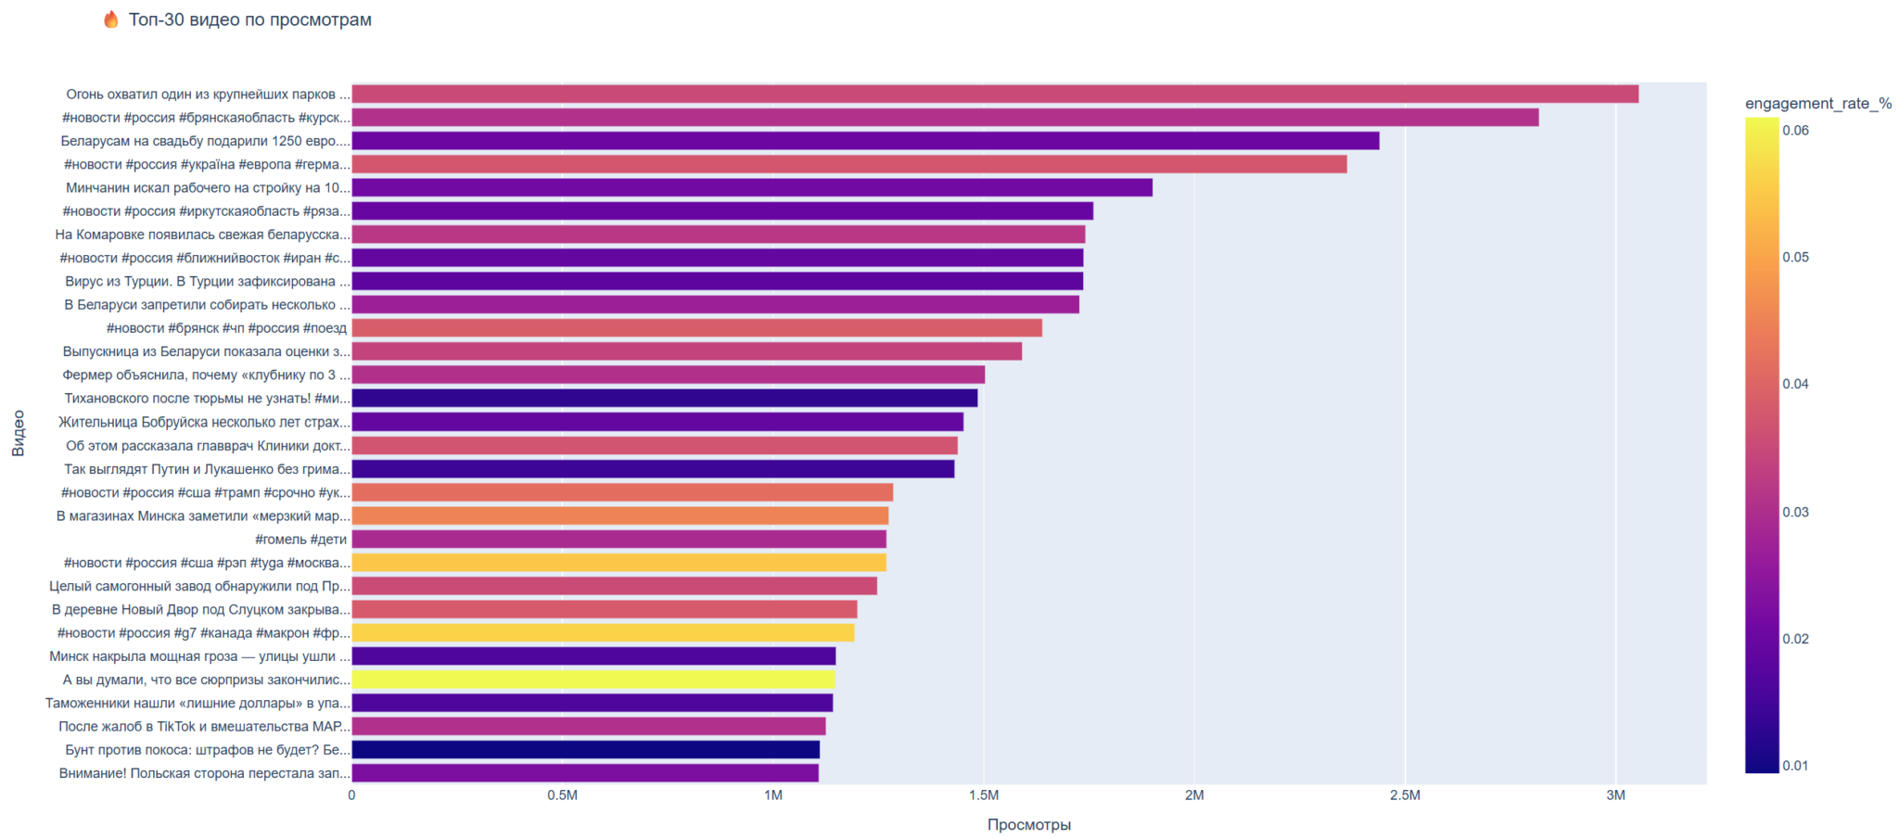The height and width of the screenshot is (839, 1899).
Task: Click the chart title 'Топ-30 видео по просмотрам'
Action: click(249, 20)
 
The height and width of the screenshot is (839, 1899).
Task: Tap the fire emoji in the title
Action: click(111, 19)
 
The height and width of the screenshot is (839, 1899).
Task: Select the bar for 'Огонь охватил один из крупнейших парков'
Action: click(994, 95)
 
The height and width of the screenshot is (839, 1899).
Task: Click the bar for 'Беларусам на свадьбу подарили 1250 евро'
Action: click(865, 141)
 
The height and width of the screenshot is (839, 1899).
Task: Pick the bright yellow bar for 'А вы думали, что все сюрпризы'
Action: click(593, 680)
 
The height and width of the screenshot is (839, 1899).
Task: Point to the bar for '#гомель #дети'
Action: click(618, 540)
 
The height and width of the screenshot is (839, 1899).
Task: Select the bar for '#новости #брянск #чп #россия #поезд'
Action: click(696, 328)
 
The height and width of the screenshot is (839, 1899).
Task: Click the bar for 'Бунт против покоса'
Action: click(585, 750)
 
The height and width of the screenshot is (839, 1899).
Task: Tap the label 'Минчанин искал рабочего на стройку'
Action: click(208, 188)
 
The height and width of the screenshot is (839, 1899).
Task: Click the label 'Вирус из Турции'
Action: click(208, 282)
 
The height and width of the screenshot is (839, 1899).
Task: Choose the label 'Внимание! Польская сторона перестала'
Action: click(205, 773)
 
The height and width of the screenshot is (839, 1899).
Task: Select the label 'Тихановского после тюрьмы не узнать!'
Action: click(208, 399)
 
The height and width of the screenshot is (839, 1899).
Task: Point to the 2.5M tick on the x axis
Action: click(1405, 795)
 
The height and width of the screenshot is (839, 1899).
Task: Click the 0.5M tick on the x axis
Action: click(562, 795)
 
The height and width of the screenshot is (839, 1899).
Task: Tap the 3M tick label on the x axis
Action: click(1615, 795)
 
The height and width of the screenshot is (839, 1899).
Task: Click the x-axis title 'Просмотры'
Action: click(1028, 825)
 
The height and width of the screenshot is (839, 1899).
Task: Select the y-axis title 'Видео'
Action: click(19, 434)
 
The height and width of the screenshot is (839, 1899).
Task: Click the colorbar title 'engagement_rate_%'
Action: click(1817, 104)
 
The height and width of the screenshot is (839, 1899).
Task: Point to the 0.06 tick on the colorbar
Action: click(1795, 131)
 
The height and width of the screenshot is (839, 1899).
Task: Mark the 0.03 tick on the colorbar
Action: click(1795, 513)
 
